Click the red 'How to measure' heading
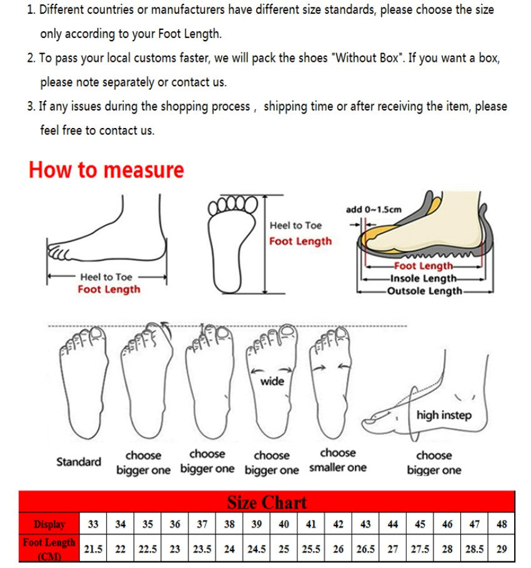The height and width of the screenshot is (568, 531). coord(106,170)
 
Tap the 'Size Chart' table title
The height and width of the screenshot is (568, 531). coord(267,502)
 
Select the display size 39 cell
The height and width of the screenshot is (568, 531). coord(257,524)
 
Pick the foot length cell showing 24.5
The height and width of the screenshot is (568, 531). coord(257,549)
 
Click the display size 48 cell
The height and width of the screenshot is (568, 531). coord(502,524)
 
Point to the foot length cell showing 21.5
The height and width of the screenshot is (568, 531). coord(93,549)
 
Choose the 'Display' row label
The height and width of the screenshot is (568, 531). coord(49,524)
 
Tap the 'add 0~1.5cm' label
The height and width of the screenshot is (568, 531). coord(374,210)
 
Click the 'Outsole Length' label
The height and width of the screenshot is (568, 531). coord(424,291)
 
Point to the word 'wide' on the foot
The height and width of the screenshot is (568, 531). coord(272,381)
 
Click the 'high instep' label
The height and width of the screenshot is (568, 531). coord(444,415)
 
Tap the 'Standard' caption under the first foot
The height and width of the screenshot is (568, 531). coord(79,462)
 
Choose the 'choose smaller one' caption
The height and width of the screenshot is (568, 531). coord(337,461)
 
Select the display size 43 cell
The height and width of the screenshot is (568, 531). coord(365,524)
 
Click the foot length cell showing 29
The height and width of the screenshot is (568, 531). coord(502,549)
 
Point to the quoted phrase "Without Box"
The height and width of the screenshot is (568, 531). coord(366,58)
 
